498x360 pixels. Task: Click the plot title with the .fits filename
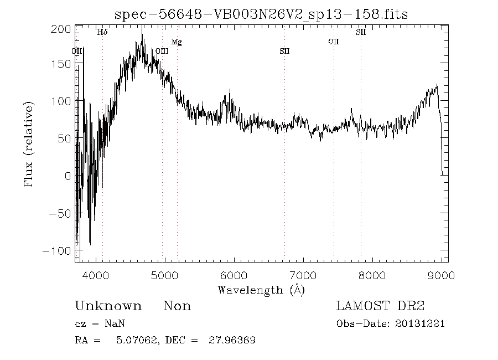261,14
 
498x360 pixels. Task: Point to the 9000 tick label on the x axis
441,275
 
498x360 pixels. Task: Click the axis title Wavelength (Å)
261,289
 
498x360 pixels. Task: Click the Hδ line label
102,32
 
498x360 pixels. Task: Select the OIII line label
162,51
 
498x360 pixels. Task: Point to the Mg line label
177,42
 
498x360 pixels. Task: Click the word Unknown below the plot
108,306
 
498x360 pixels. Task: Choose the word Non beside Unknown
177,306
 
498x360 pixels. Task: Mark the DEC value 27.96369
229,340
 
